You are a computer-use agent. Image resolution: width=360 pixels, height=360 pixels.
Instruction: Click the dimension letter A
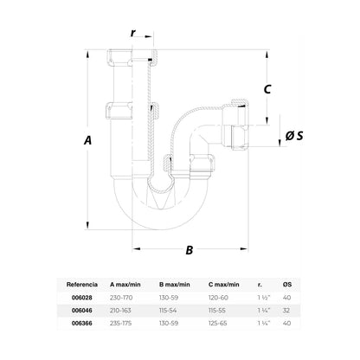tap(87, 140)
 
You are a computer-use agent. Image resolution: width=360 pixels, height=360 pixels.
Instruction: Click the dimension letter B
tap(189, 250)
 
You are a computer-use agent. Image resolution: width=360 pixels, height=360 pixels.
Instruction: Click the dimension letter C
tap(267, 89)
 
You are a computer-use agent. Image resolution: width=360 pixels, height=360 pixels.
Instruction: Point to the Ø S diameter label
tap(294, 136)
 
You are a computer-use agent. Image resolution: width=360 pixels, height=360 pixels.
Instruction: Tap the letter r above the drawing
tap(133, 33)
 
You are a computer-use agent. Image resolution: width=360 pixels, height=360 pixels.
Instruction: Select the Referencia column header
tap(82, 285)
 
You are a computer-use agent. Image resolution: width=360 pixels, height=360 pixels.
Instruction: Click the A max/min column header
tap(125, 285)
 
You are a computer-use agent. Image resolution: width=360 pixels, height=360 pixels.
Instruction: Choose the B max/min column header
tap(175, 285)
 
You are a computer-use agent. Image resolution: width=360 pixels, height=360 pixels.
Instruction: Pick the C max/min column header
tap(224, 285)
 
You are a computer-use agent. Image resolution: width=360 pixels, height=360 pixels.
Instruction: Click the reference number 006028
tap(82, 298)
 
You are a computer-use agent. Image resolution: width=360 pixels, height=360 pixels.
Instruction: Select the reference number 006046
tap(82, 311)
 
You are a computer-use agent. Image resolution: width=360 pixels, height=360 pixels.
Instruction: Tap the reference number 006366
tap(82, 324)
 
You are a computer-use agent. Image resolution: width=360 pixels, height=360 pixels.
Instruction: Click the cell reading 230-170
tap(121, 298)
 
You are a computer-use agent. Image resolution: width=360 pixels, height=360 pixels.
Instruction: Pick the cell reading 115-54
tap(168, 311)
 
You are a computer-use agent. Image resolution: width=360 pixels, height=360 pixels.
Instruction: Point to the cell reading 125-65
tap(218, 324)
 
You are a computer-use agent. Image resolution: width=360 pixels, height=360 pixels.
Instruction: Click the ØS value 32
tap(286, 311)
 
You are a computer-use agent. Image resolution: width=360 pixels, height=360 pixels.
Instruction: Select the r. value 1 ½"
tap(264, 298)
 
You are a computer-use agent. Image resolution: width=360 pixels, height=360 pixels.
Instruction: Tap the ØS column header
tap(287, 285)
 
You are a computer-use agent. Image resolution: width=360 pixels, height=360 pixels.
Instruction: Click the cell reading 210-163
tap(120, 311)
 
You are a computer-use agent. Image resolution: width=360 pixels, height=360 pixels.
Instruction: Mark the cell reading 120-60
tap(218, 298)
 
